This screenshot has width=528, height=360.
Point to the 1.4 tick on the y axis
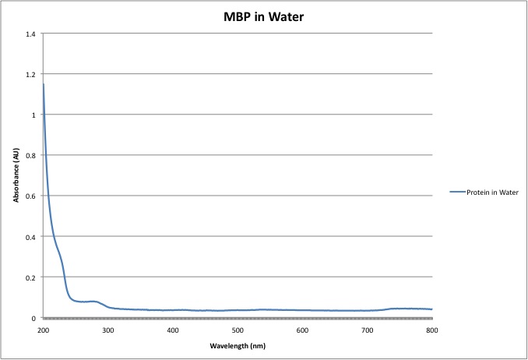coord(31,34)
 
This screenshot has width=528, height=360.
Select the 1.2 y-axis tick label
coord(31,75)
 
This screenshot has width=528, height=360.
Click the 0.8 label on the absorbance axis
coord(31,156)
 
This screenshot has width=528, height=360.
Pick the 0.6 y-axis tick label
coord(31,196)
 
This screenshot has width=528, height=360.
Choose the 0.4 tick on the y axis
coord(31,237)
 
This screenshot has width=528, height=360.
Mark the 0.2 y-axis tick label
coord(31,277)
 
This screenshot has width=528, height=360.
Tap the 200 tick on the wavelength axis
coord(43,330)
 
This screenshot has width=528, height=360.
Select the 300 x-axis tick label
coord(107,330)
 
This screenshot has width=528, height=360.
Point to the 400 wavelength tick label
coord(173,330)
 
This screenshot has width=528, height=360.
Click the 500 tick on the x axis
coord(238,330)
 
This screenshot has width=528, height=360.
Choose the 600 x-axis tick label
coord(302,330)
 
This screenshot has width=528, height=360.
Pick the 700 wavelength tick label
coord(368,330)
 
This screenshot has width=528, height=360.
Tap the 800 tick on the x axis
coord(432,330)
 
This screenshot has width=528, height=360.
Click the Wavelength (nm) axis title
coord(238,345)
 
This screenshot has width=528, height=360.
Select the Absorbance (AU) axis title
coord(16,176)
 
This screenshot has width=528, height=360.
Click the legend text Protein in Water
coord(492,192)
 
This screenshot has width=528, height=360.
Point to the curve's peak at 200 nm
coord(43,84)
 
